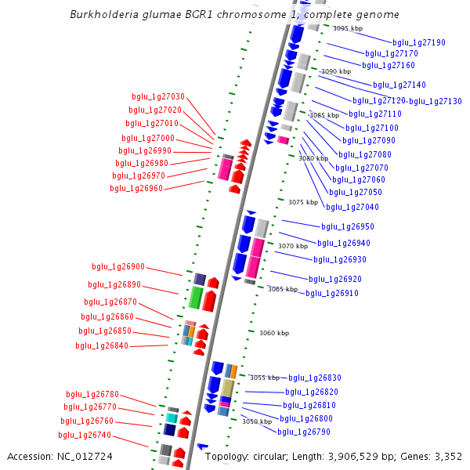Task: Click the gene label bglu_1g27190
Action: [419, 42]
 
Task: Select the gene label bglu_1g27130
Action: [436, 101]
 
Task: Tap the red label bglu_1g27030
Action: [157, 97]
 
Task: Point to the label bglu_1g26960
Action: [136, 188]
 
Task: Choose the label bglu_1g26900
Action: [118, 267]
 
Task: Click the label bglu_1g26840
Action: [102, 345]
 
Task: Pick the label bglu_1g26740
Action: [85, 435]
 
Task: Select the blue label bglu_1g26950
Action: [348, 226]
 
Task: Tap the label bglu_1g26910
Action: [332, 293]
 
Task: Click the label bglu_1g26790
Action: [304, 432]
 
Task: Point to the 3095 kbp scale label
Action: [347, 28]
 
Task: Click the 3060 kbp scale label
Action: [274, 333]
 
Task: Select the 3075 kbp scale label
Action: [303, 202]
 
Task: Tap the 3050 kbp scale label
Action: [256, 421]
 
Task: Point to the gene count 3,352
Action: [447, 457]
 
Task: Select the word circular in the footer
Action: [277, 457]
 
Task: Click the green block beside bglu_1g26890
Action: [196, 298]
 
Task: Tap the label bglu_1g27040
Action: [352, 207]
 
